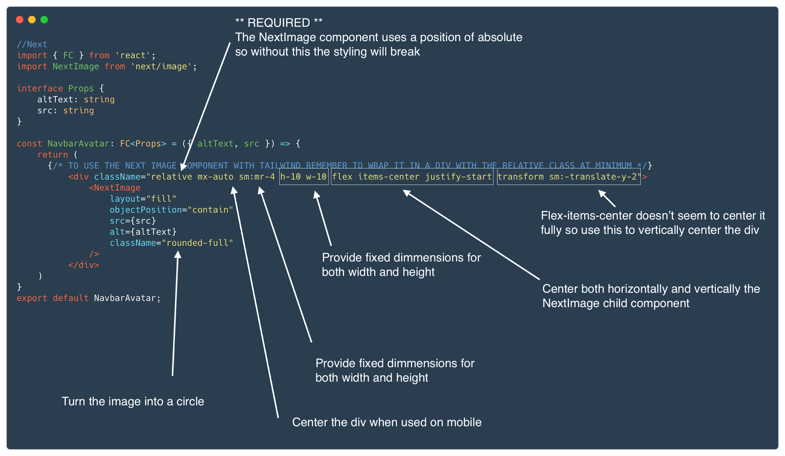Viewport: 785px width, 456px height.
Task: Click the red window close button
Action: [20, 20]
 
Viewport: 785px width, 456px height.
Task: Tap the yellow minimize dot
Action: [32, 20]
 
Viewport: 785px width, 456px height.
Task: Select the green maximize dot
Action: [44, 20]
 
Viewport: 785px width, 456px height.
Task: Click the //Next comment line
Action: [32, 44]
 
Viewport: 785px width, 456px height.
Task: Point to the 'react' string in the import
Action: [133, 55]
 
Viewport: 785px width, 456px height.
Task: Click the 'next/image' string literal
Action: [161, 66]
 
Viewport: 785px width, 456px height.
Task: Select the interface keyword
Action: [40, 88]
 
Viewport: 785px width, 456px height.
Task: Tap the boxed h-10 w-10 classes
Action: [304, 177]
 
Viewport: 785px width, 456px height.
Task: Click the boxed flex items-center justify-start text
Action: [412, 177]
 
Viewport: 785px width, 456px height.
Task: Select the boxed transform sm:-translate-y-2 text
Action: [569, 177]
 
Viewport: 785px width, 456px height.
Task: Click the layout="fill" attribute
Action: [143, 198]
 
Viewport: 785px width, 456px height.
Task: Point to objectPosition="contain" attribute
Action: [171, 210]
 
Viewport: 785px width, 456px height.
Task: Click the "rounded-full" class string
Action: [197, 243]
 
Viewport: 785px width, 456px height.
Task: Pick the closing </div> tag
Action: [84, 265]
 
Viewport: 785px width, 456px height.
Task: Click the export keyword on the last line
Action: [32, 298]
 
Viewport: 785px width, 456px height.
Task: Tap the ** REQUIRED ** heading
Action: [279, 23]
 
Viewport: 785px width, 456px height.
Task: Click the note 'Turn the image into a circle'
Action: [133, 401]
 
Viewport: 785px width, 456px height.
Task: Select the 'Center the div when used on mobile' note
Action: [386, 422]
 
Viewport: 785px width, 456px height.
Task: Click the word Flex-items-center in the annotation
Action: [586, 215]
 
